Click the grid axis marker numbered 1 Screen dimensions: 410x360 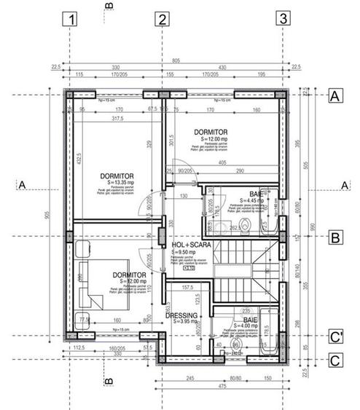coord(71,20)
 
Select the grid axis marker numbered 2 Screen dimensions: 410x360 coord(162,20)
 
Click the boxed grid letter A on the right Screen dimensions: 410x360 coord(336,95)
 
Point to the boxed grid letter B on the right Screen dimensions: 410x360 coord(336,237)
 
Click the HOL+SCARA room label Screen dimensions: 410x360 coord(192,245)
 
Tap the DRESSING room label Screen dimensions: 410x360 coord(181,315)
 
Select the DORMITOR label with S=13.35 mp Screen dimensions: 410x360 coord(117,176)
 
